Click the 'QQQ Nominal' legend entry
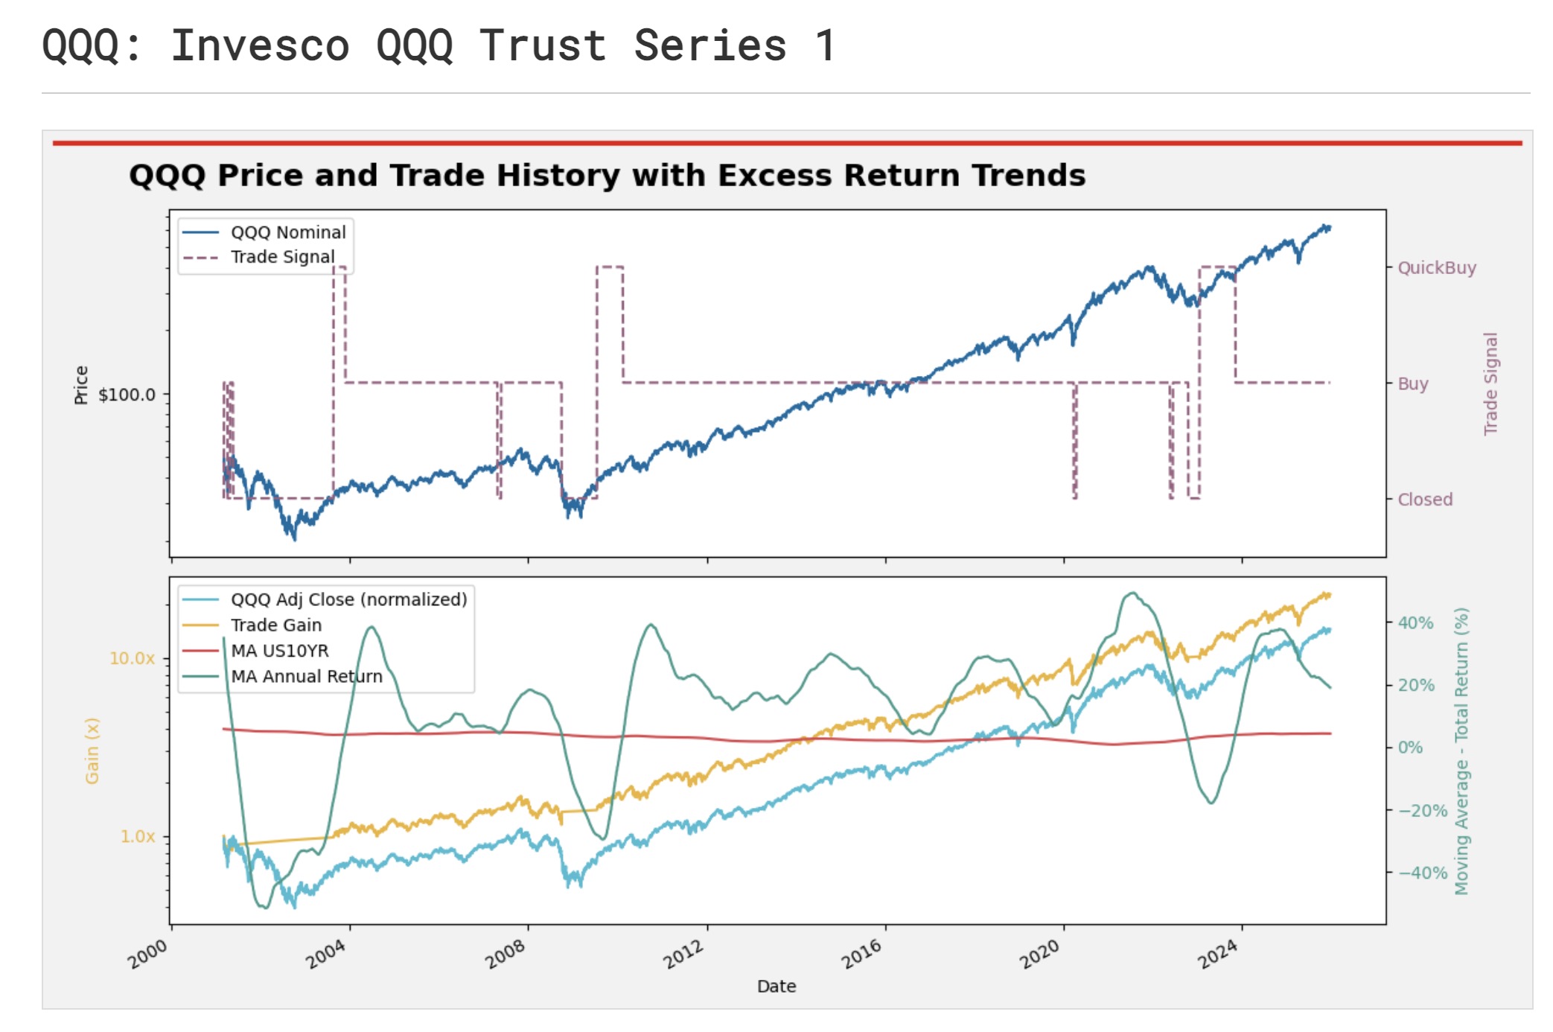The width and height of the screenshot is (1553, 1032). pos(287,232)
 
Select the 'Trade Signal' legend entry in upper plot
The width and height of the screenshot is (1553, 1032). pos(282,257)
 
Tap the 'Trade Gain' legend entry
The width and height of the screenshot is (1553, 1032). pos(275,625)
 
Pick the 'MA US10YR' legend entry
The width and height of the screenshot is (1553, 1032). pos(279,651)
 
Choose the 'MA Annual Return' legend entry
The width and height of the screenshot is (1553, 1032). pos(306,676)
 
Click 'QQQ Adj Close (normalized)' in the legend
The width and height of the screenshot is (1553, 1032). pos(348,599)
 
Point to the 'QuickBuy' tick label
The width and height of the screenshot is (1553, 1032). pos(1436,268)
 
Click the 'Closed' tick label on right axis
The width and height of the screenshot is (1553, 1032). pos(1425,500)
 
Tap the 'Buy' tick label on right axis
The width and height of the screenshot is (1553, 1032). pos(1412,384)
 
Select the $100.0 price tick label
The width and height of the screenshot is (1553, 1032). pos(127,395)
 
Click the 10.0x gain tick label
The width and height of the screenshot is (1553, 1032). pos(132,658)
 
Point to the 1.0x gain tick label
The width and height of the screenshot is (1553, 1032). pos(138,836)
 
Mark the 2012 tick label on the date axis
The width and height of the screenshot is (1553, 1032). pos(683,954)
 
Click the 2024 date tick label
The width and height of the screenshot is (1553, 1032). pos(1218,954)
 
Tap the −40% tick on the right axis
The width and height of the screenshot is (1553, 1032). pos(1422,873)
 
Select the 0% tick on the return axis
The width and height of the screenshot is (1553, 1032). pos(1409,748)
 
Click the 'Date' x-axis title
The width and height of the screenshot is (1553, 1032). pos(776,987)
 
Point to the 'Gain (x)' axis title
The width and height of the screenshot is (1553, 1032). pos(92,751)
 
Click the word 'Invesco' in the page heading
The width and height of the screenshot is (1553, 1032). pos(260,45)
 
